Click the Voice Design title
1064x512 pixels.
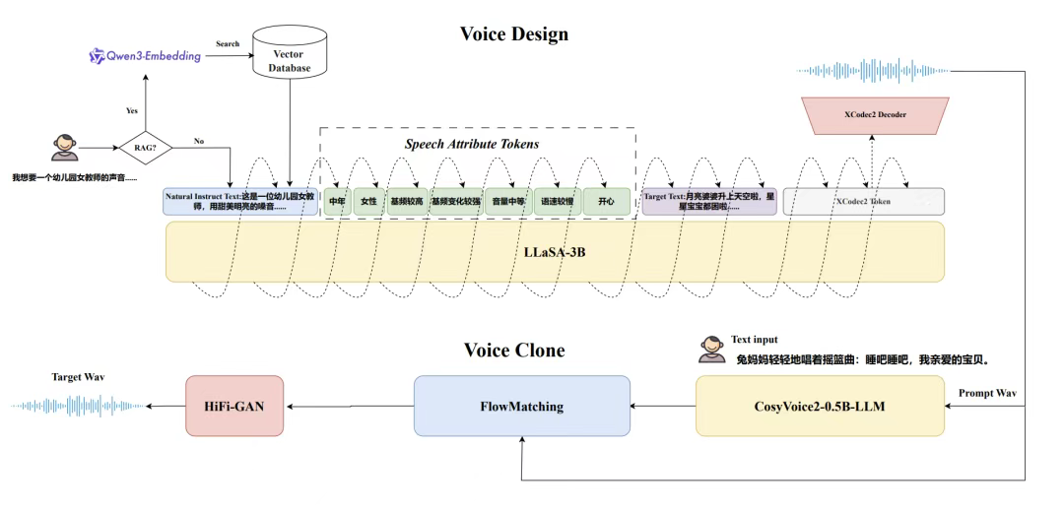coord(513,34)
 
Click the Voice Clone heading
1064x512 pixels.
coord(514,351)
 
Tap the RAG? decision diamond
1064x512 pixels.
coord(144,149)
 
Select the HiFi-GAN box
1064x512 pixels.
coord(228,405)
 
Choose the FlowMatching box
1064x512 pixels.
coord(521,405)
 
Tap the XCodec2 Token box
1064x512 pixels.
coord(863,202)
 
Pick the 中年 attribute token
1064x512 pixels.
coord(337,202)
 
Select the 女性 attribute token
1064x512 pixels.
coord(368,202)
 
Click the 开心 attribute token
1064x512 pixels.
coord(605,202)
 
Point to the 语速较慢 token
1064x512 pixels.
coord(557,202)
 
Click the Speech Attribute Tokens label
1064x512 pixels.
coord(472,144)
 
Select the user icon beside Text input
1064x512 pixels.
coord(711,348)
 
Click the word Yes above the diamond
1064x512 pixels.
coord(133,110)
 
